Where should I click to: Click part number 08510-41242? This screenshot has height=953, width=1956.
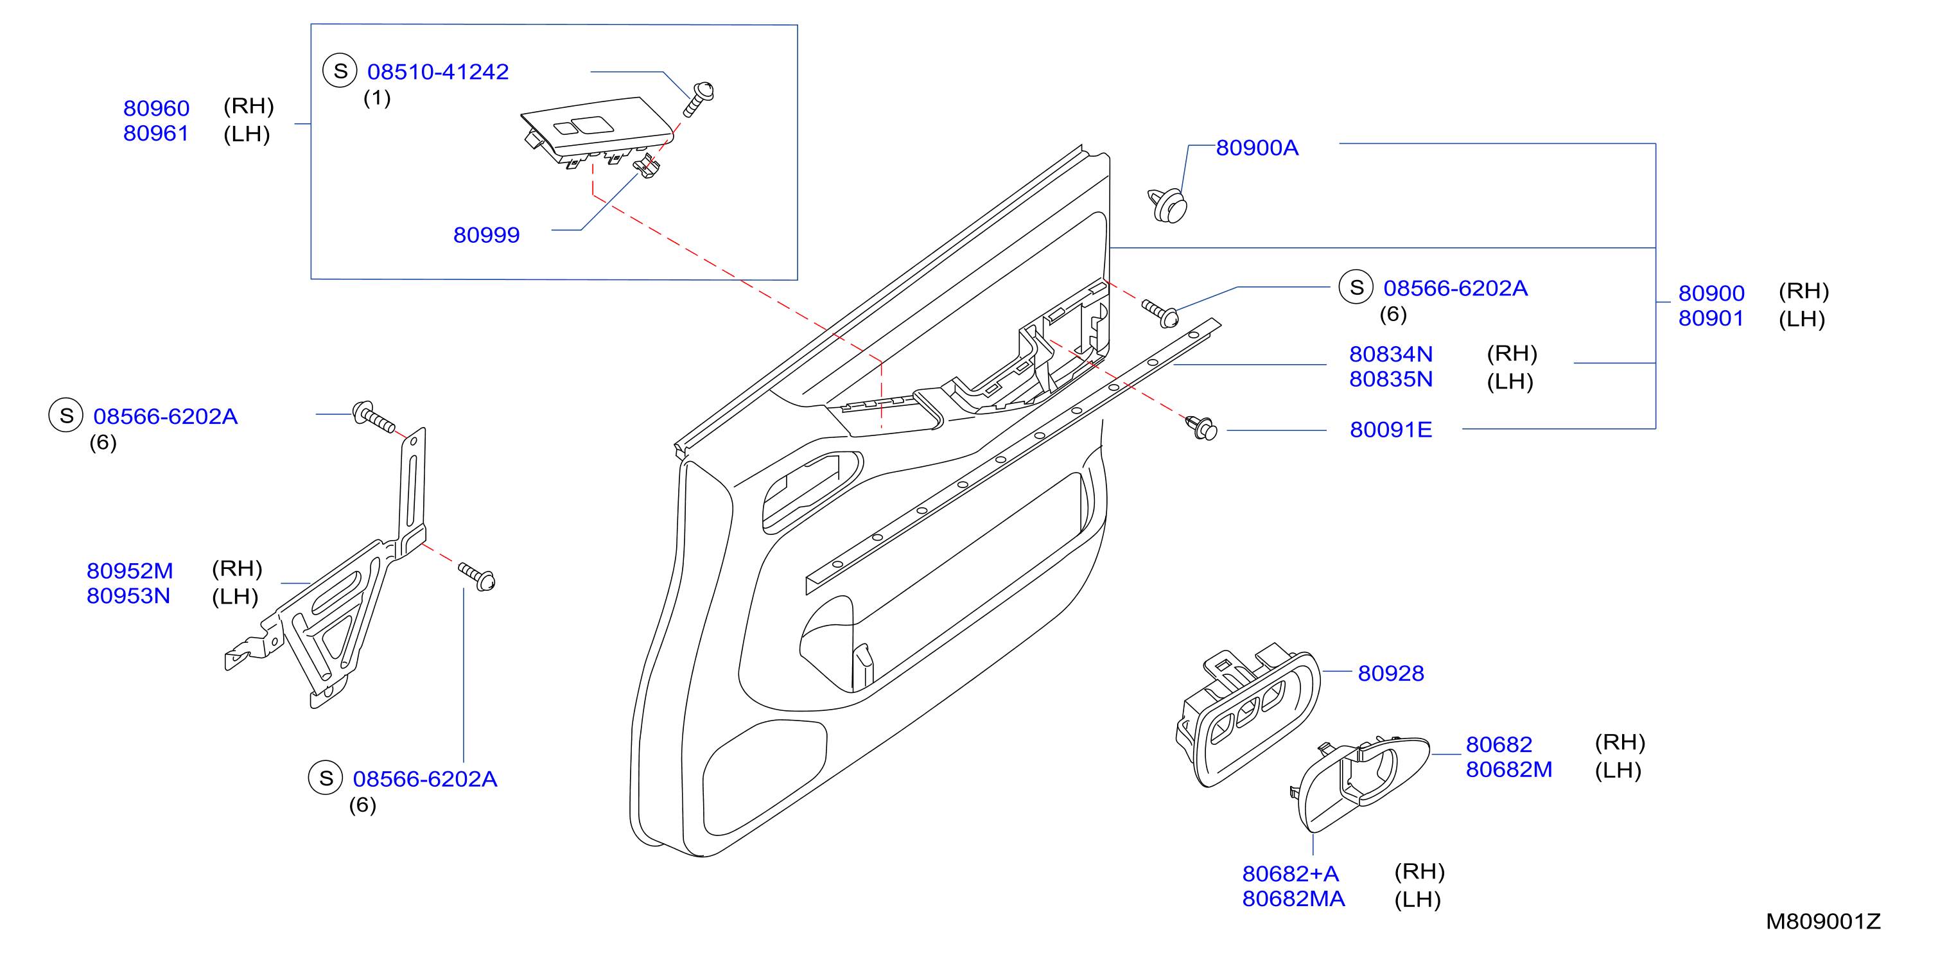point(437,71)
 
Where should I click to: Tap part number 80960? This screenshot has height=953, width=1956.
point(157,108)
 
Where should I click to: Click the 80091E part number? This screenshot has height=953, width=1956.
point(1390,429)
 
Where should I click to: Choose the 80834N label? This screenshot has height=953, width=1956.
point(1390,354)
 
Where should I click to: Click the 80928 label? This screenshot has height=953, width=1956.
point(1390,673)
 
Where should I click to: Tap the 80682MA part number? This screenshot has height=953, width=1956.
point(1293,898)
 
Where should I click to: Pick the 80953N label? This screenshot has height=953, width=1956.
point(128,595)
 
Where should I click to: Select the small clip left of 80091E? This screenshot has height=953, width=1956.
point(1201,428)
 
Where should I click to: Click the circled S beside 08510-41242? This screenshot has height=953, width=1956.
point(340,71)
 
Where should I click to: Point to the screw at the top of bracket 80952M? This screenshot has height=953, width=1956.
point(374,416)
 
